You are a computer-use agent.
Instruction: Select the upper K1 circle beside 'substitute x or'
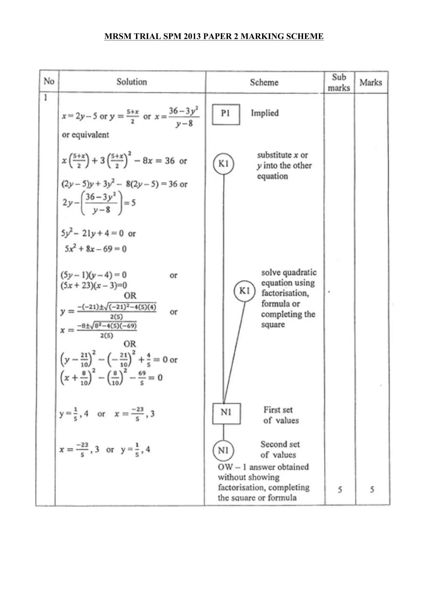point(224,164)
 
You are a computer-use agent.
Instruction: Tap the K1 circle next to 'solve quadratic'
point(245,291)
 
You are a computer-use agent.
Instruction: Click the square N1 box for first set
point(226,413)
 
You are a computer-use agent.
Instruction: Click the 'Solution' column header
point(132,82)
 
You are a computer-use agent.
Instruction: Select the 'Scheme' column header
point(264,82)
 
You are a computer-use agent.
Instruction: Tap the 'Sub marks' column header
point(339,82)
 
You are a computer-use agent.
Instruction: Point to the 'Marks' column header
point(371,82)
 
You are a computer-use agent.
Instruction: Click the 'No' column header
point(49,81)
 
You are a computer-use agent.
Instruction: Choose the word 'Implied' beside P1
point(265,113)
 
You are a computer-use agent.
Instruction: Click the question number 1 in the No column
point(45,98)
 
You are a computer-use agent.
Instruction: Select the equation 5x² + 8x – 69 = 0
point(96,249)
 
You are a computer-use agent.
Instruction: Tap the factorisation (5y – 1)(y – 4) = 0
point(94,275)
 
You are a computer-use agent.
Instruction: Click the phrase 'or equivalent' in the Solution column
point(85,135)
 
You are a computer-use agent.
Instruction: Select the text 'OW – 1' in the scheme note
point(232,467)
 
